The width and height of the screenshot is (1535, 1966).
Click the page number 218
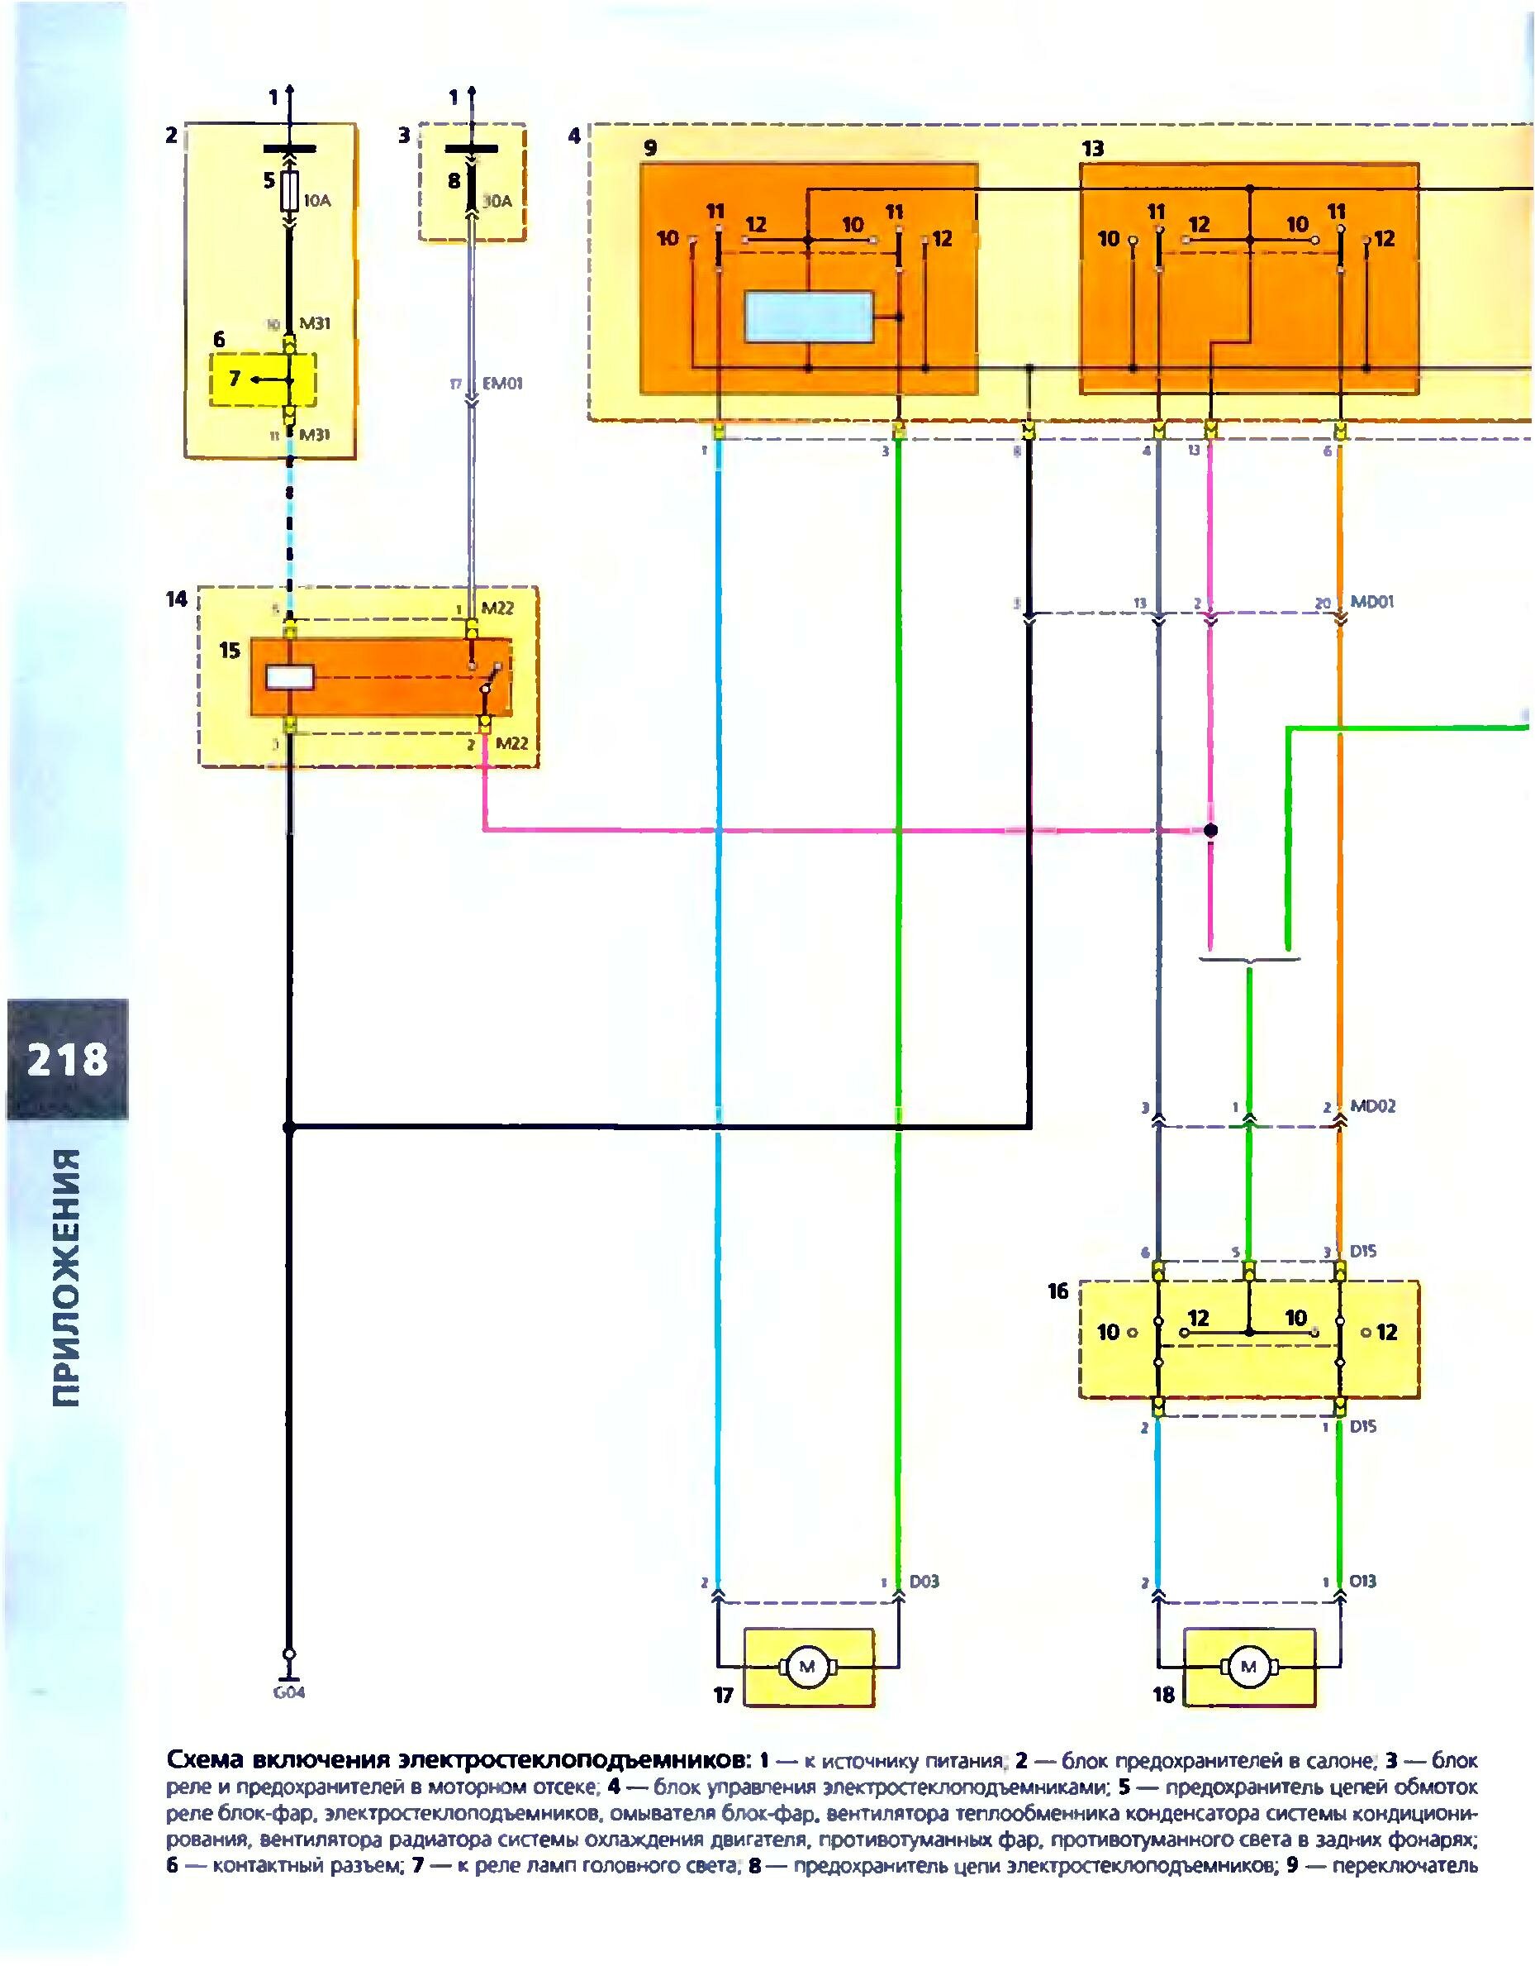click(68, 1058)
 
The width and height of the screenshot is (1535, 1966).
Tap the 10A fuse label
click(316, 202)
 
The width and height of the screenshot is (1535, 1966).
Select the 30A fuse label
click(496, 202)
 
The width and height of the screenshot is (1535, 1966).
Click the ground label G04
click(289, 1692)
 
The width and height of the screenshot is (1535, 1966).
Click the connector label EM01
click(502, 384)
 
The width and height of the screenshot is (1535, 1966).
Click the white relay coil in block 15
click(290, 676)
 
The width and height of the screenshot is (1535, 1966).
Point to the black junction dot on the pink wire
click(1211, 830)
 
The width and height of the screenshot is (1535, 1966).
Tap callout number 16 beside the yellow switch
click(1058, 1291)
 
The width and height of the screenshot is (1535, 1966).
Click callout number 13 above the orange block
click(1092, 149)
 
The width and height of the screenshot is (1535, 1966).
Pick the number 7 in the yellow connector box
click(234, 379)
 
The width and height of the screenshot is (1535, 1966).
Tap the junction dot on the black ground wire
click(289, 1126)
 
